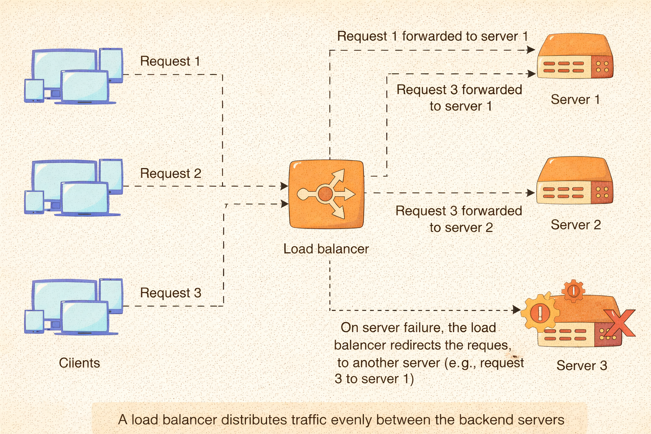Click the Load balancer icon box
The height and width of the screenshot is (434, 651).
click(x=326, y=194)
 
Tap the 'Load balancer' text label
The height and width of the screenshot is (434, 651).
click(x=326, y=249)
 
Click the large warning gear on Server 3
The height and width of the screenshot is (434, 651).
click(x=540, y=313)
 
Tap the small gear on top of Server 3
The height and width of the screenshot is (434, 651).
click(x=573, y=291)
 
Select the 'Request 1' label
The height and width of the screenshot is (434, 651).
click(x=170, y=61)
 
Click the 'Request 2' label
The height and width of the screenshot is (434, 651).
click(x=170, y=173)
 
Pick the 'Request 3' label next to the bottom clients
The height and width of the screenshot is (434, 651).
click(x=170, y=293)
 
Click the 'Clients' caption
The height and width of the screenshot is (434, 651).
click(x=79, y=363)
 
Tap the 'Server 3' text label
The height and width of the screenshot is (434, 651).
click(x=581, y=365)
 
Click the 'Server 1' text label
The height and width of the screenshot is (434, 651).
click(x=575, y=100)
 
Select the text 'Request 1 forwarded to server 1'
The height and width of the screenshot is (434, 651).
click(x=432, y=36)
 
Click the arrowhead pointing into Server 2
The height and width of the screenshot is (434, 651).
click(x=531, y=193)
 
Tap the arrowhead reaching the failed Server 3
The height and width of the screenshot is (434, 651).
click(x=517, y=310)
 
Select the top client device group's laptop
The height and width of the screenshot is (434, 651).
click(x=85, y=87)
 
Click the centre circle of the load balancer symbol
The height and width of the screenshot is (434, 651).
click(x=325, y=194)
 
